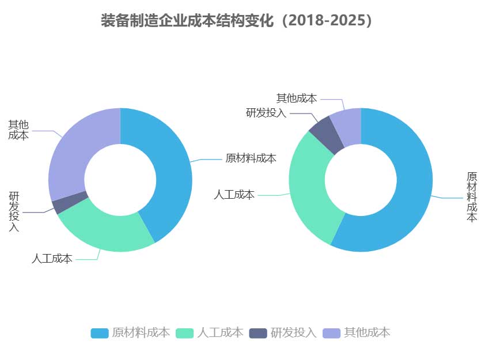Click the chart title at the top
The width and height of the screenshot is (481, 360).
[x=240, y=21]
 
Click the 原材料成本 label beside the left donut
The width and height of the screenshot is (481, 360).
[x=251, y=158]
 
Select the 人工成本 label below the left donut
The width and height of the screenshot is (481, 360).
[x=52, y=259]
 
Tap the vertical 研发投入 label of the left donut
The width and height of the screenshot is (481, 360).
[x=14, y=211]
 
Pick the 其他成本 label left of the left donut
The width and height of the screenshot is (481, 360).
[x=18, y=130]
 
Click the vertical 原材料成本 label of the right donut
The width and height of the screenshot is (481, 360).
[x=472, y=196]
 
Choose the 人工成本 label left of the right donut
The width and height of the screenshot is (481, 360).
[x=234, y=195]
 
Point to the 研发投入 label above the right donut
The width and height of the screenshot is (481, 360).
[x=266, y=112]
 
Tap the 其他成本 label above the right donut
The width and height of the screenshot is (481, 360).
[x=297, y=98]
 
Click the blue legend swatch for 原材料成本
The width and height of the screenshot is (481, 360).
[x=99, y=333]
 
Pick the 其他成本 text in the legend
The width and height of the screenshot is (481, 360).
[x=367, y=332]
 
